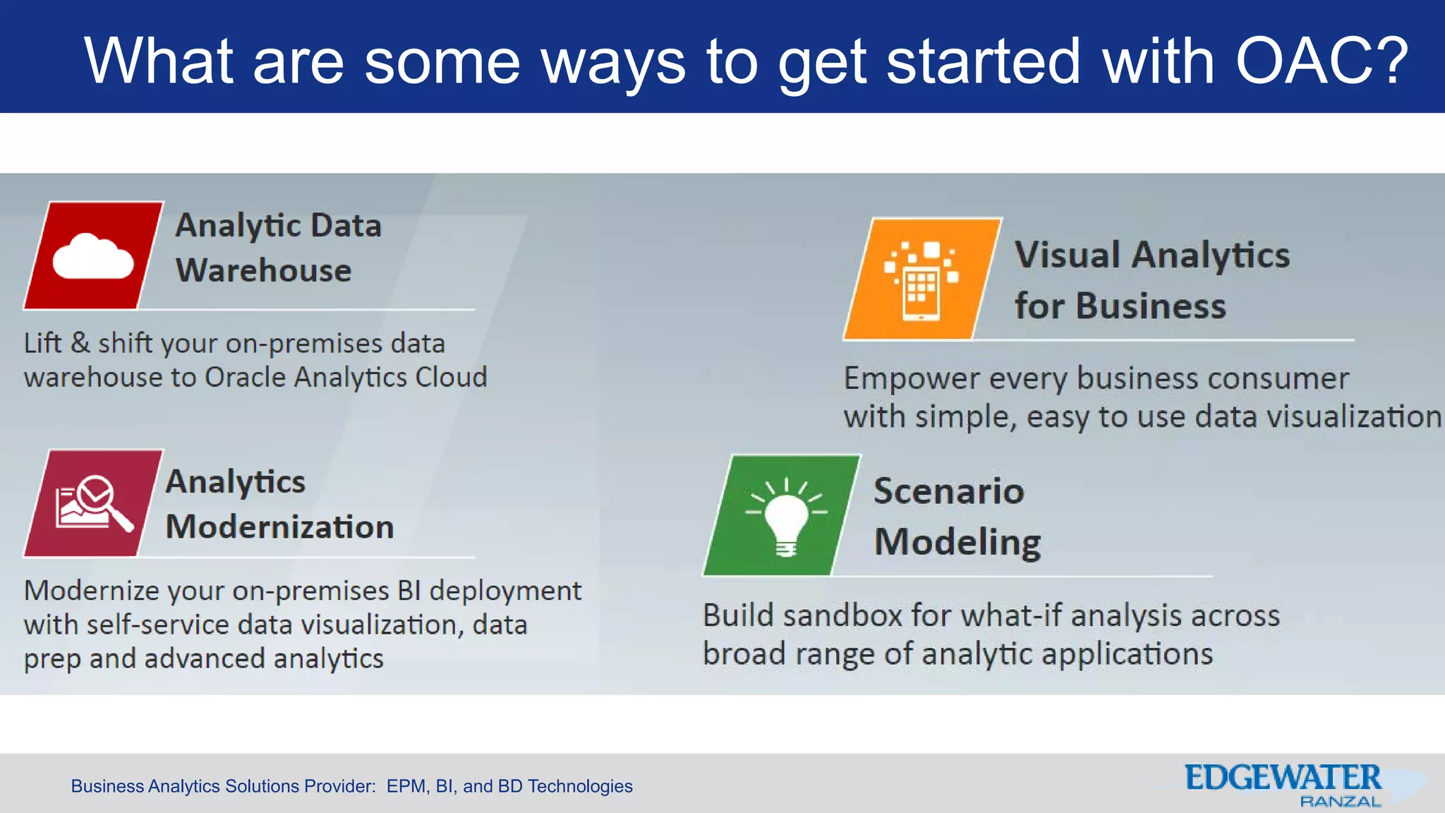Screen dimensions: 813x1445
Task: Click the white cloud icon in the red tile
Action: click(93, 257)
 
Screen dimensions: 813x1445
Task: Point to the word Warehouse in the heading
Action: click(263, 271)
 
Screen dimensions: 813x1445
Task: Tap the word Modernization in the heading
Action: click(279, 527)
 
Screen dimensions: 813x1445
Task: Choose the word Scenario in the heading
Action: click(948, 491)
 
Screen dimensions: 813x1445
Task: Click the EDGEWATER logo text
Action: click(1282, 778)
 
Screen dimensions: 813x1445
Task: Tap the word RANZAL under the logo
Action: click(1339, 802)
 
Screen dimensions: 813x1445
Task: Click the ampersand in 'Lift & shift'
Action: click(80, 343)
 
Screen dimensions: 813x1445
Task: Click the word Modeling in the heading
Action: click(957, 542)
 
